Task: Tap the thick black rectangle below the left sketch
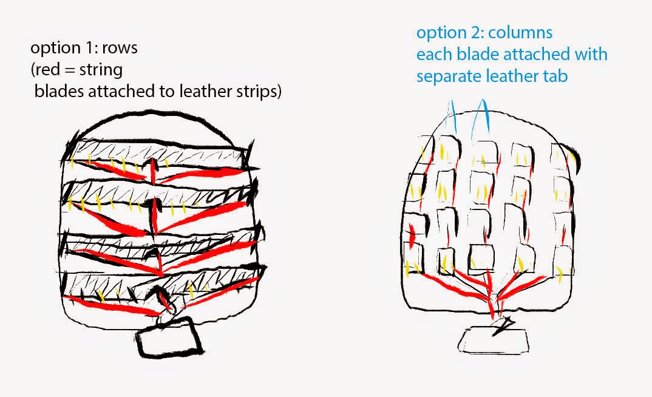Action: coord(169,337)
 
